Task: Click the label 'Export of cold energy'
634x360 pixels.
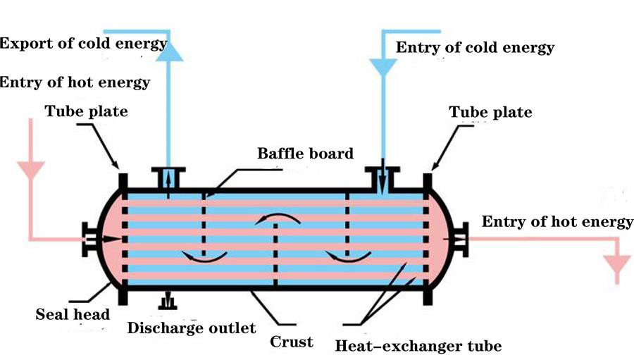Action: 83,43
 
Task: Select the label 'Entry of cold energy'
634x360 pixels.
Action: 475,48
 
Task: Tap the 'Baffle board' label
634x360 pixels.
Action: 305,153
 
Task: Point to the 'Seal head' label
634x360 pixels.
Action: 73,314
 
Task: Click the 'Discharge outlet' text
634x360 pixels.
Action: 191,328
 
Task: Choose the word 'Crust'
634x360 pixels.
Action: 292,342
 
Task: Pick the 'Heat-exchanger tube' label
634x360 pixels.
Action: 418,346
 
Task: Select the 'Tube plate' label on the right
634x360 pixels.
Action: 490,112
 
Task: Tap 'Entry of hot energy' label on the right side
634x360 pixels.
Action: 557,223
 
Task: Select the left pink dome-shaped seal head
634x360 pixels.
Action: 109,240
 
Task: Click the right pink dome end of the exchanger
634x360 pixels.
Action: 441,240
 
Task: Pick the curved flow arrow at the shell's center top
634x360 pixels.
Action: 275,218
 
